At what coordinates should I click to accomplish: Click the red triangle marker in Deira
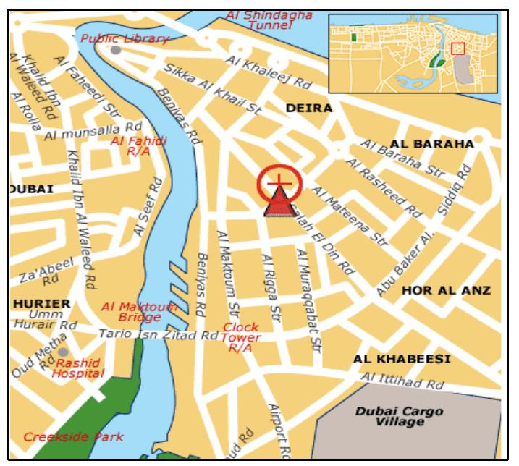[x=277, y=204]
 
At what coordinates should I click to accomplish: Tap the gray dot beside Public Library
[x=116, y=50]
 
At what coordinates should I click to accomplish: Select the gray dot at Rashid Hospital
[x=63, y=352]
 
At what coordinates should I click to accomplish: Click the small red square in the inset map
[x=457, y=48]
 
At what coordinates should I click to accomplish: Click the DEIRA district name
[x=309, y=108]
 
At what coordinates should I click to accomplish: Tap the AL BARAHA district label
[x=432, y=143]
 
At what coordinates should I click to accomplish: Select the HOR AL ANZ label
[x=446, y=290]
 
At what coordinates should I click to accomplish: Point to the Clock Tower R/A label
[x=240, y=337]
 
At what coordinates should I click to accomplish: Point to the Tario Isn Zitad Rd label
[x=158, y=335]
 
